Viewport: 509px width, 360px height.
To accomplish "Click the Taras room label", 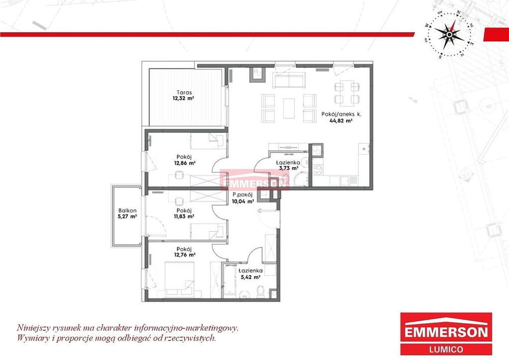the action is (184, 92).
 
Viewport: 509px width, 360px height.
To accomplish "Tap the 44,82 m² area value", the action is (341, 121).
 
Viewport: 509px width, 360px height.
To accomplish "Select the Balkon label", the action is (127, 210).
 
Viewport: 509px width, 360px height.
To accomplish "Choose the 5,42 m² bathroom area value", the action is (250, 277).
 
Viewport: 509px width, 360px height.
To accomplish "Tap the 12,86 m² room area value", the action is (185, 163).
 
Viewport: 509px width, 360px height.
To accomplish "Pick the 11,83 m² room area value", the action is (184, 216).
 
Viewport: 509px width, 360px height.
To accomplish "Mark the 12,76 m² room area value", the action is (185, 255).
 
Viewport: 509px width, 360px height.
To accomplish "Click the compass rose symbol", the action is (449, 35).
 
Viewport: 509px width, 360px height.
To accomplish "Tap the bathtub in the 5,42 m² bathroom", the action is (230, 280).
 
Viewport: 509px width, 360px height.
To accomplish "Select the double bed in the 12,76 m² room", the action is (180, 279).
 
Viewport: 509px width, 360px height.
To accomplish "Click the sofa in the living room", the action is (289, 80).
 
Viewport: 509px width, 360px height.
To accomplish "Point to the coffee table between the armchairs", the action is (289, 108).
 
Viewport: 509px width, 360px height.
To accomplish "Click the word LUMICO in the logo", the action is (446, 350).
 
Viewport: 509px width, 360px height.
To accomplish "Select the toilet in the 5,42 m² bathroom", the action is (260, 291).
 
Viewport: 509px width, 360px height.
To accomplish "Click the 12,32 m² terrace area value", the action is (184, 98).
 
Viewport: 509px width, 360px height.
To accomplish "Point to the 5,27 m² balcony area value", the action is (127, 216).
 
